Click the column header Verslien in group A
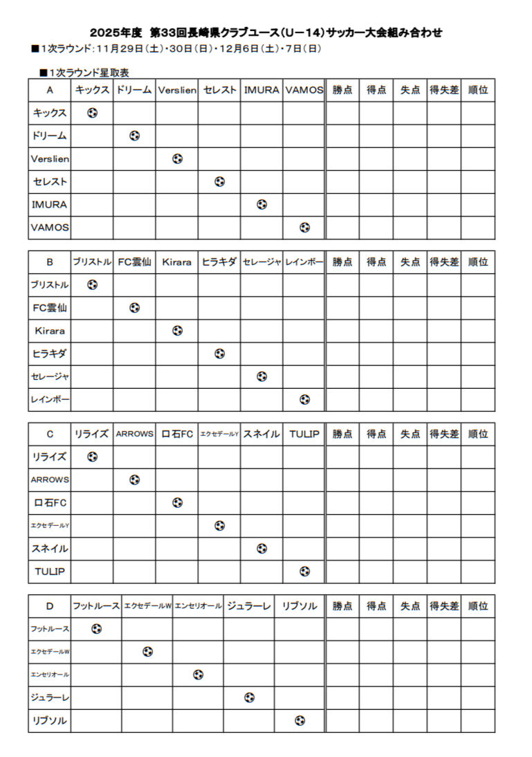pos(177,90)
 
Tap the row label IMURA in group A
pos(49,204)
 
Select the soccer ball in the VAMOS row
pos(304,227)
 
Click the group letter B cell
pos(49,262)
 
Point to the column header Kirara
pos(177,262)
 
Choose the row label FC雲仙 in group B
pos(49,308)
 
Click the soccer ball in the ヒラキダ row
pos(219,354)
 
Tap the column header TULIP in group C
pos(304,434)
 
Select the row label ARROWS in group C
pos(49,480)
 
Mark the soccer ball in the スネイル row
pos(262,549)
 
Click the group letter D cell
pos(49,606)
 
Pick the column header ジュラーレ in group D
pos(248,606)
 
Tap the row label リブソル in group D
pos(49,720)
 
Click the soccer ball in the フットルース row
pos(96,629)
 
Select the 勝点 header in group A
pos(342,90)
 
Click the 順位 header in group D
pos(478,606)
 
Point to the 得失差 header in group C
pos(444,434)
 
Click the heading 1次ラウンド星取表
pos(84,72)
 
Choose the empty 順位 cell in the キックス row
pos(478,113)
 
